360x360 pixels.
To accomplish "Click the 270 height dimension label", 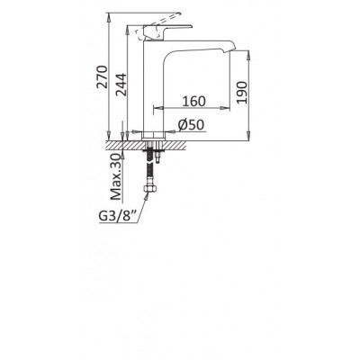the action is point(102,76).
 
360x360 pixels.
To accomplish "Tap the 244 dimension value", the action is point(121,85).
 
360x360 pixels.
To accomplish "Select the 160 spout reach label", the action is point(194,102).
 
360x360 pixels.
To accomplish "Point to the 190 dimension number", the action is point(242,92).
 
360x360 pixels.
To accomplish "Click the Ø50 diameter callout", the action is point(191,125).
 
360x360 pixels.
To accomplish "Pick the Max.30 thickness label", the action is point(116,177).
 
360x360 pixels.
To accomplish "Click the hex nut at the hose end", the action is point(149,189).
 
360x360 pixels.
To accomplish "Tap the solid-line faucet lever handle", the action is point(167,31).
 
